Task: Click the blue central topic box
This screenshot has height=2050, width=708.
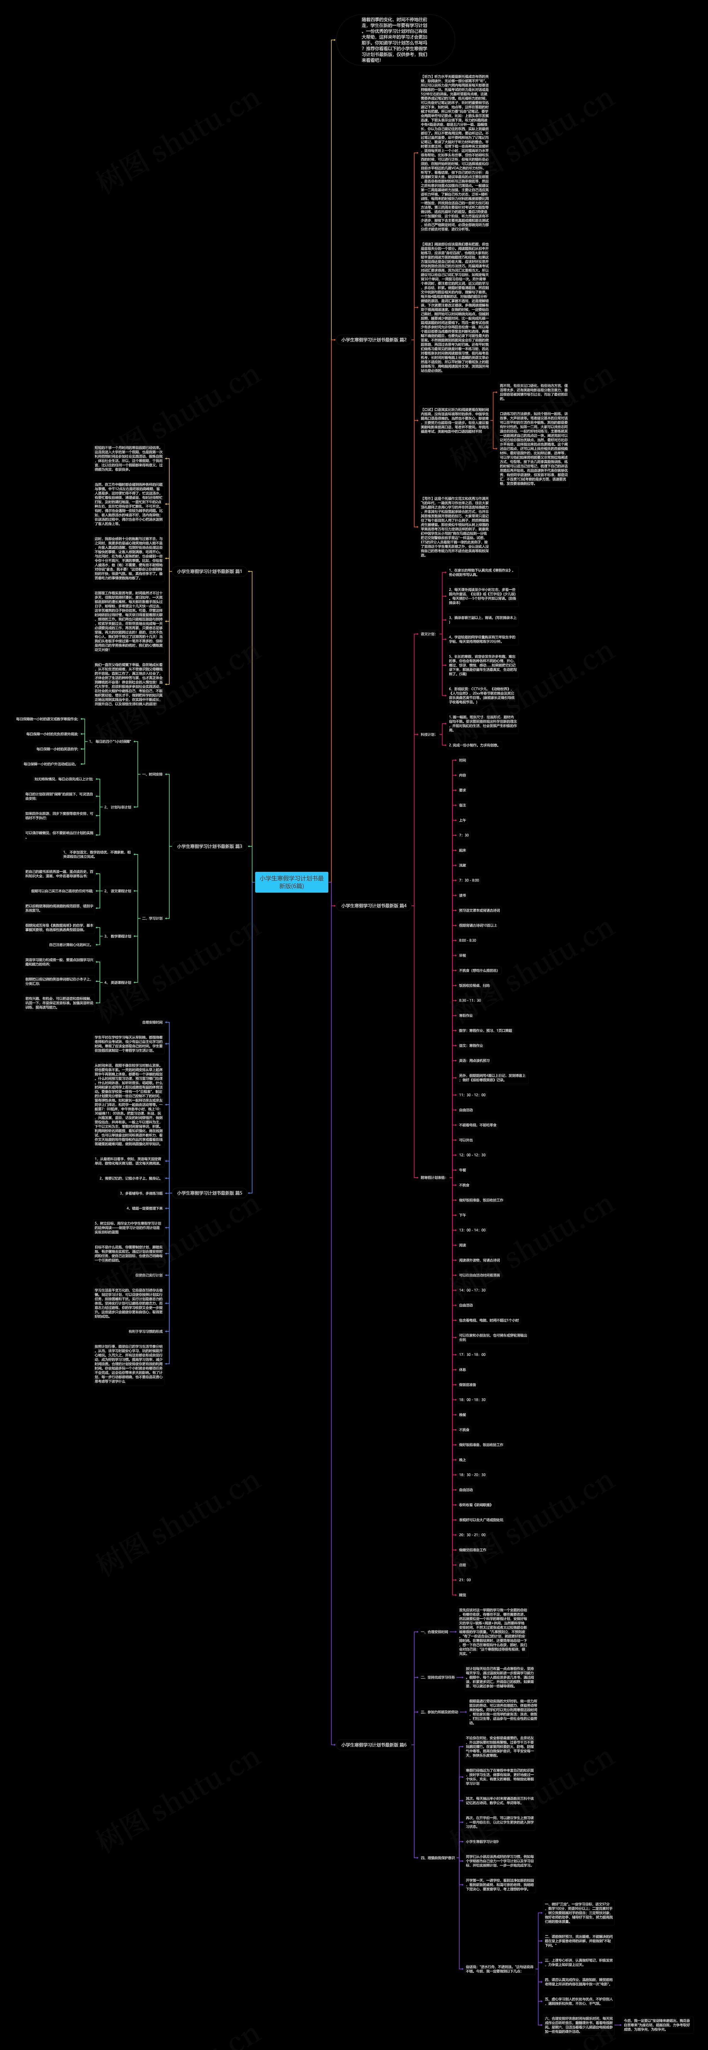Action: click(291, 882)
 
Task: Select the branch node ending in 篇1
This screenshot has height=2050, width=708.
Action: click(209, 571)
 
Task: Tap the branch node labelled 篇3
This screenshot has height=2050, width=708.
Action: click(209, 846)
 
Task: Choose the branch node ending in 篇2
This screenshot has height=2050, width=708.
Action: click(374, 339)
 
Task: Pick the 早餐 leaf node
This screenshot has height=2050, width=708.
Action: click(463, 955)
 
